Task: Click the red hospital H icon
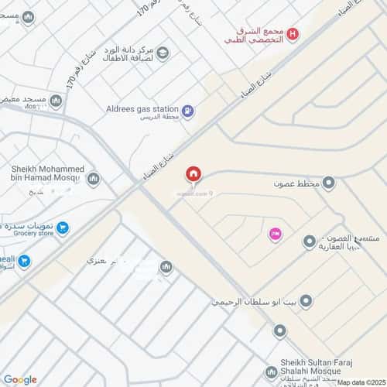(x=293, y=33)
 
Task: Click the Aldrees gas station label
(x=142, y=110)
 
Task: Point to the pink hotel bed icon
(x=274, y=233)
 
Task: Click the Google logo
(x=20, y=378)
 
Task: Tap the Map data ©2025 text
(x=360, y=382)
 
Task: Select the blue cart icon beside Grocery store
(x=63, y=228)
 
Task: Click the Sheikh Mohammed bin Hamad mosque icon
(x=94, y=180)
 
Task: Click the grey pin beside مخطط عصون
(x=329, y=183)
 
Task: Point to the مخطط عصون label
(x=296, y=184)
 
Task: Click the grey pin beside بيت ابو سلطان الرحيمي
(x=307, y=300)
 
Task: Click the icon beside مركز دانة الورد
(x=163, y=53)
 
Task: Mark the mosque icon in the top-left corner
(x=28, y=17)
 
